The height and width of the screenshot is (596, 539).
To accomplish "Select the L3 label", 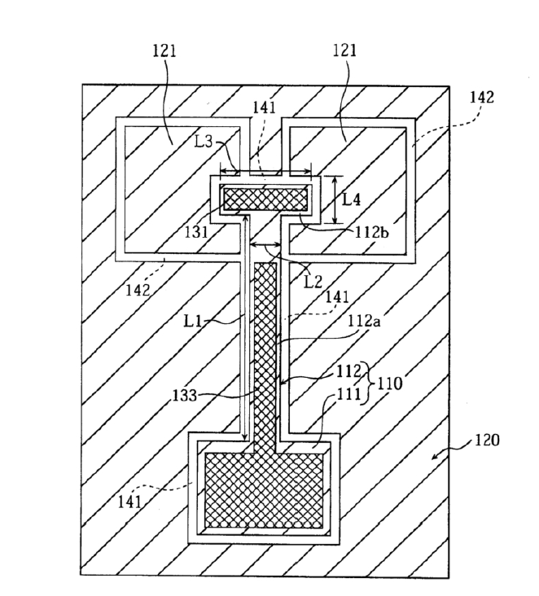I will tap(205, 142).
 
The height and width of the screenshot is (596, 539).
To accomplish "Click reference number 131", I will tap(195, 230).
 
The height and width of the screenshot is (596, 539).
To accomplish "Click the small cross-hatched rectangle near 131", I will tap(265, 198).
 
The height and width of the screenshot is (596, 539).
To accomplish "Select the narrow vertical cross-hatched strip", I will tap(265, 350).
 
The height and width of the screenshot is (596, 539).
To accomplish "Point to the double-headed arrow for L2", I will tap(265, 243).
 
